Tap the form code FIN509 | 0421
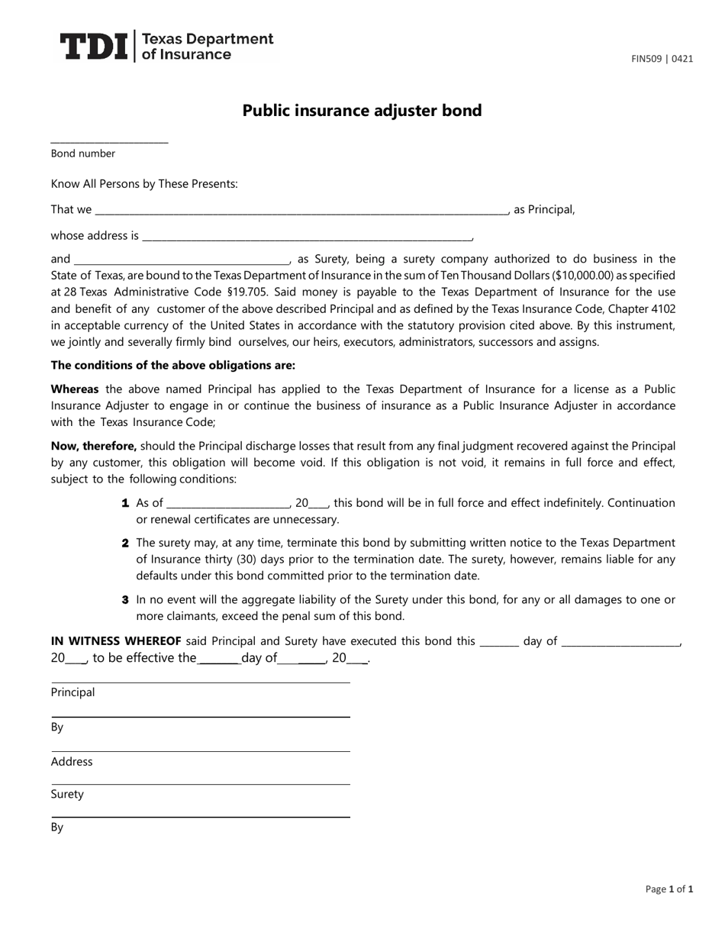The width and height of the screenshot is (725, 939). click(662, 58)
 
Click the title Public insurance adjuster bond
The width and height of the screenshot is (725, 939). click(362, 111)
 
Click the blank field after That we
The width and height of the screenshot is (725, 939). click(301, 209)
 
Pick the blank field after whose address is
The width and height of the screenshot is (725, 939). click(307, 235)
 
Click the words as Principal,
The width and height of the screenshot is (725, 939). click(544, 209)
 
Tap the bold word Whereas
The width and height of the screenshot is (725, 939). click(76, 389)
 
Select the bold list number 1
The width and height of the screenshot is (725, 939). click(125, 503)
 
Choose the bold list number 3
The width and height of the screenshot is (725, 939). click(125, 600)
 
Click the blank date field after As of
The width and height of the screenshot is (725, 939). click(227, 503)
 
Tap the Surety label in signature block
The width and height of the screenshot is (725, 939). click(67, 794)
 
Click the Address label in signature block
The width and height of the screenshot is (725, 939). click(72, 761)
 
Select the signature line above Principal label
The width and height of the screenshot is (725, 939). click(200, 682)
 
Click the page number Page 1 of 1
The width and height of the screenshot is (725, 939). click(669, 889)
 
